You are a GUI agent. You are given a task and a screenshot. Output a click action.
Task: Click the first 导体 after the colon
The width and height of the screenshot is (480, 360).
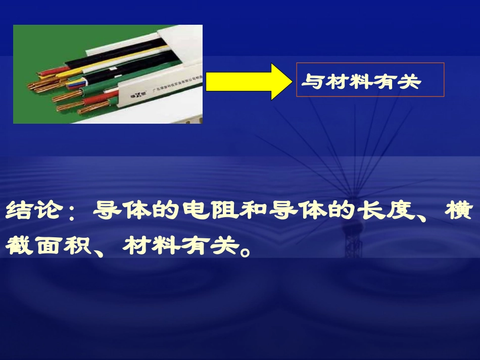tap(114, 211)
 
